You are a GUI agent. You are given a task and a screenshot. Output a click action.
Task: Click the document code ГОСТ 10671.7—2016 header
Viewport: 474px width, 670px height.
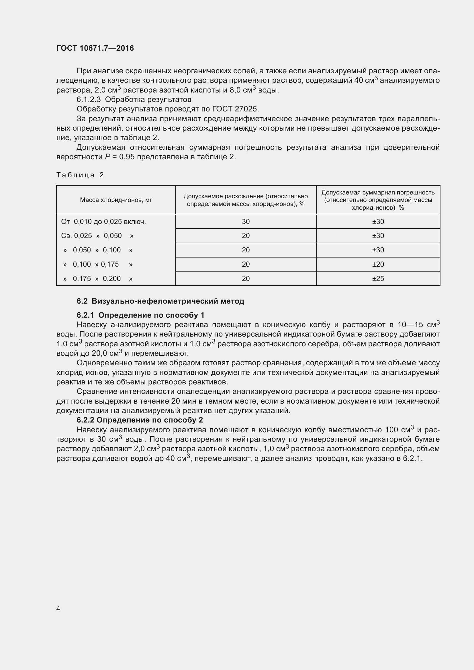pyautogui.click(x=95, y=48)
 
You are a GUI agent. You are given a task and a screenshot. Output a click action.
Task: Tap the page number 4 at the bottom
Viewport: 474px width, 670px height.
pyautogui.click(x=58, y=609)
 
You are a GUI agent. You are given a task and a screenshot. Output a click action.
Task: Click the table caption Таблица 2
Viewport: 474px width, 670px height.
pyautogui.click(x=80, y=175)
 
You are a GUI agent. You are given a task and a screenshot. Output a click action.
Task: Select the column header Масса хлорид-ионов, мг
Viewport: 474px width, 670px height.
pyautogui.click(x=116, y=200)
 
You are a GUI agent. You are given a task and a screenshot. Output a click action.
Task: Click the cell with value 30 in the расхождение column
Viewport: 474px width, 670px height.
pyautogui.click(x=246, y=222)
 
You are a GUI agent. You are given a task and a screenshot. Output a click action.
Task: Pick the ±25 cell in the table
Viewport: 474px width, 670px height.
pyautogui.click(x=378, y=279)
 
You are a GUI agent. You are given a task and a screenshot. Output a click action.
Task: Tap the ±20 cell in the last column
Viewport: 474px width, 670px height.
pyautogui.click(x=378, y=264)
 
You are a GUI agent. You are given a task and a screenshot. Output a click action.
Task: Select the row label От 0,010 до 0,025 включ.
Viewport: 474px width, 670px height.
pyautogui.click(x=103, y=222)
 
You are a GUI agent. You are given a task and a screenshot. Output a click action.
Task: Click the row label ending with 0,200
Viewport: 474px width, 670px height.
pyautogui.click(x=98, y=279)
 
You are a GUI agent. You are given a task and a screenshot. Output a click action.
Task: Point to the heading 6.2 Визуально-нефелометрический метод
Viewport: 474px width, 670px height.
pyautogui.click(x=160, y=301)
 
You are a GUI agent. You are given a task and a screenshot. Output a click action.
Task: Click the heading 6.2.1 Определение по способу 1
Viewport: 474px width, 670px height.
pyautogui.click(x=140, y=315)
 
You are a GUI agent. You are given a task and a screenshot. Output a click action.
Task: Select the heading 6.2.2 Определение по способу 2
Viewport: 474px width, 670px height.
pyautogui.click(x=140, y=420)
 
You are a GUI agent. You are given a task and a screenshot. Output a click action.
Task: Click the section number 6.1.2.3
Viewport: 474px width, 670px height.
pyautogui.click(x=89, y=99)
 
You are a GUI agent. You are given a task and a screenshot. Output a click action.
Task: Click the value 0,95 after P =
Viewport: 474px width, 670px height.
pyautogui.click(x=127, y=157)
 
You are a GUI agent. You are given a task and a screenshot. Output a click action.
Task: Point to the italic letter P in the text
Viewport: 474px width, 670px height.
pyautogui.click(x=108, y=157)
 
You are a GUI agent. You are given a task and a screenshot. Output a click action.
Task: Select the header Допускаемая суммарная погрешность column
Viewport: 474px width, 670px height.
pyautogui.click(x=378, y=200)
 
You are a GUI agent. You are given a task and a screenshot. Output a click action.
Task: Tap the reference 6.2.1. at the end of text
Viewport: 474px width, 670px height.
pyautogui.click(x=412, y=458)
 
